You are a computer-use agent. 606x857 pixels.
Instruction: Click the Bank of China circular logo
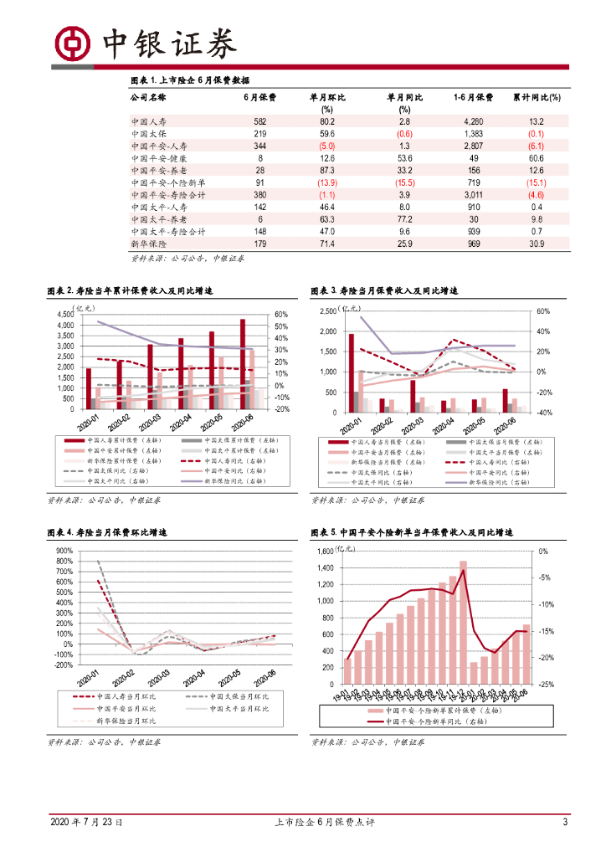click(73, 43)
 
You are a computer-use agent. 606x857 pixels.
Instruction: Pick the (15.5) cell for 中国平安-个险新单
click(405, 183)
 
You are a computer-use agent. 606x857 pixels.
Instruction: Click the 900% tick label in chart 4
click(63, 551)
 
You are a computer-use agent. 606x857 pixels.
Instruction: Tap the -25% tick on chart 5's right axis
click(543, 685)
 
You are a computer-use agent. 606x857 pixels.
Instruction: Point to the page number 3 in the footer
click(565, 823)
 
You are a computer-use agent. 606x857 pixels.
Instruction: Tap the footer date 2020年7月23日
click(87, 823)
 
